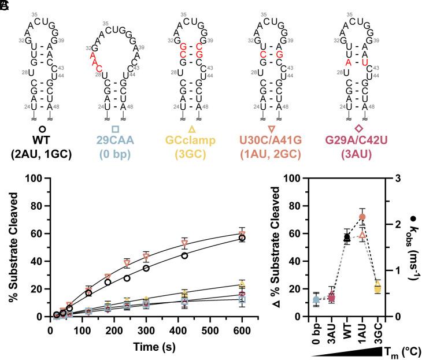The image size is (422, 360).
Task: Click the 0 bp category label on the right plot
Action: pos(316,333)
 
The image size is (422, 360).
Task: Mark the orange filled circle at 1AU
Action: pos(362,217)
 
